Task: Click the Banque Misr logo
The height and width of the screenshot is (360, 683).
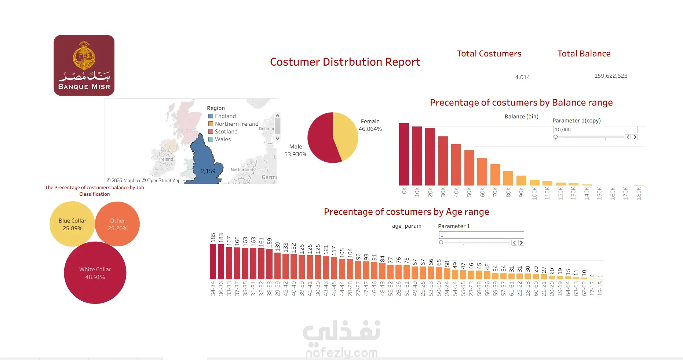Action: coord(84,65)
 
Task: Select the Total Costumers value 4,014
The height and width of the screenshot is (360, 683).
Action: coord(522,77)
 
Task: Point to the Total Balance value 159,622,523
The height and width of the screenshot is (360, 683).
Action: coord(611,76)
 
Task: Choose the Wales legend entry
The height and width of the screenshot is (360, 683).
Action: coord(223,139)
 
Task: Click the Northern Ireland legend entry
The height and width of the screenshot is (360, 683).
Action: coord(236,124)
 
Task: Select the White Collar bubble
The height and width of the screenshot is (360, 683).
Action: coord(95,273)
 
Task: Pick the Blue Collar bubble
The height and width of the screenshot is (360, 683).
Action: coord(72,224)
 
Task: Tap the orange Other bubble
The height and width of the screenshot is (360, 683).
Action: coord(117,224)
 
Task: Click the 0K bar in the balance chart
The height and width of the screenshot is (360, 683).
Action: coord(404,154)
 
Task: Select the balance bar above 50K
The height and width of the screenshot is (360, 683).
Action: coord(469,168)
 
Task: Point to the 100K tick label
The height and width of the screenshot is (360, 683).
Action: coord(534,193)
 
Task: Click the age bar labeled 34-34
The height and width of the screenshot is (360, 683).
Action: coord(213,261)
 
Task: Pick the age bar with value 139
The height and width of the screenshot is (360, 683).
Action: coord(277,266)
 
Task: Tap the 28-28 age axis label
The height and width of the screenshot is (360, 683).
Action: coord(350,289)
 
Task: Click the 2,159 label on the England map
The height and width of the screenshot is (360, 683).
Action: coord(208,171)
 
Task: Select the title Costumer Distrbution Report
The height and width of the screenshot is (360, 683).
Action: coord(345,62)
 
